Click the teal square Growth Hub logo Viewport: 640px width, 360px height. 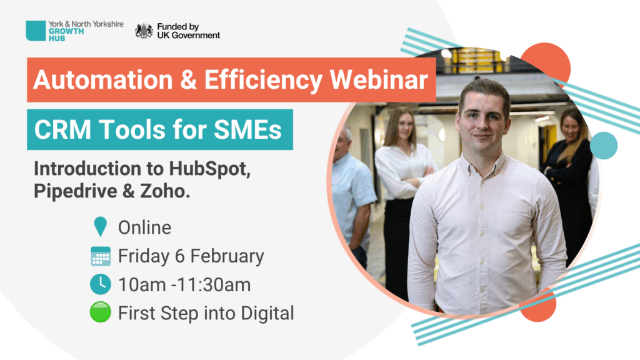[36, 31]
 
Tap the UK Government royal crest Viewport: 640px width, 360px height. [144, 31]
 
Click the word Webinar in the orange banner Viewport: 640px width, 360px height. [379, 79]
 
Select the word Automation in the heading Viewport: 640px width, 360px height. [103, 79]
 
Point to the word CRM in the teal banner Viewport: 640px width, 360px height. [62, 130]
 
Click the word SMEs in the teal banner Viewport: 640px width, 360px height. [247, 130]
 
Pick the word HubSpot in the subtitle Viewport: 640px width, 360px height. [209, 169]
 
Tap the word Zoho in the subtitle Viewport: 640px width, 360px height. [165, 191]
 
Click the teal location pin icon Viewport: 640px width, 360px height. [101, 226]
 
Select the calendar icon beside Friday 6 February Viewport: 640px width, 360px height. [101, 256]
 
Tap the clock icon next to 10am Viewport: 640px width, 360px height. [101, 284]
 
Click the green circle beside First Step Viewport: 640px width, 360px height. [101, 312]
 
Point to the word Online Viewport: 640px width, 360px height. [144, 227]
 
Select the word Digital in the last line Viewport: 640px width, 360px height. [267, 314]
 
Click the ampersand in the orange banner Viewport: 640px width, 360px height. [188, 79]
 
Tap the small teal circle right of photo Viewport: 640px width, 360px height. [604, 146]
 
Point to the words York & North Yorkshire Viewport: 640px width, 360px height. [86, 24]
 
